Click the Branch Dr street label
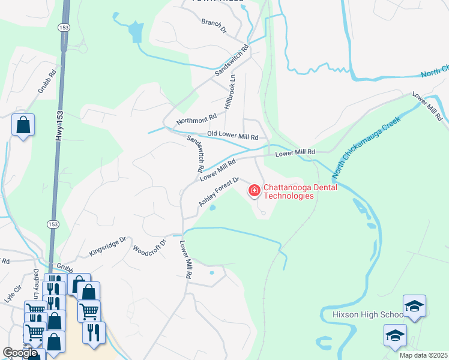pyautogui.click(x=214, y=25)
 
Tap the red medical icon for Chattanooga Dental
pyautogui.click(x=254, y=191)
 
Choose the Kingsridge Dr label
pyautogui.click(x=107, y=246)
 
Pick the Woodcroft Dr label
pyautogui.click(x=149, y=247)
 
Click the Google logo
pyautogui.click(x=20, y=353)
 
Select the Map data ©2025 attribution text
pyautogui.click(x=423, y=355)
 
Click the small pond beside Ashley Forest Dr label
pyautogui.click(x=212, y=208)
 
